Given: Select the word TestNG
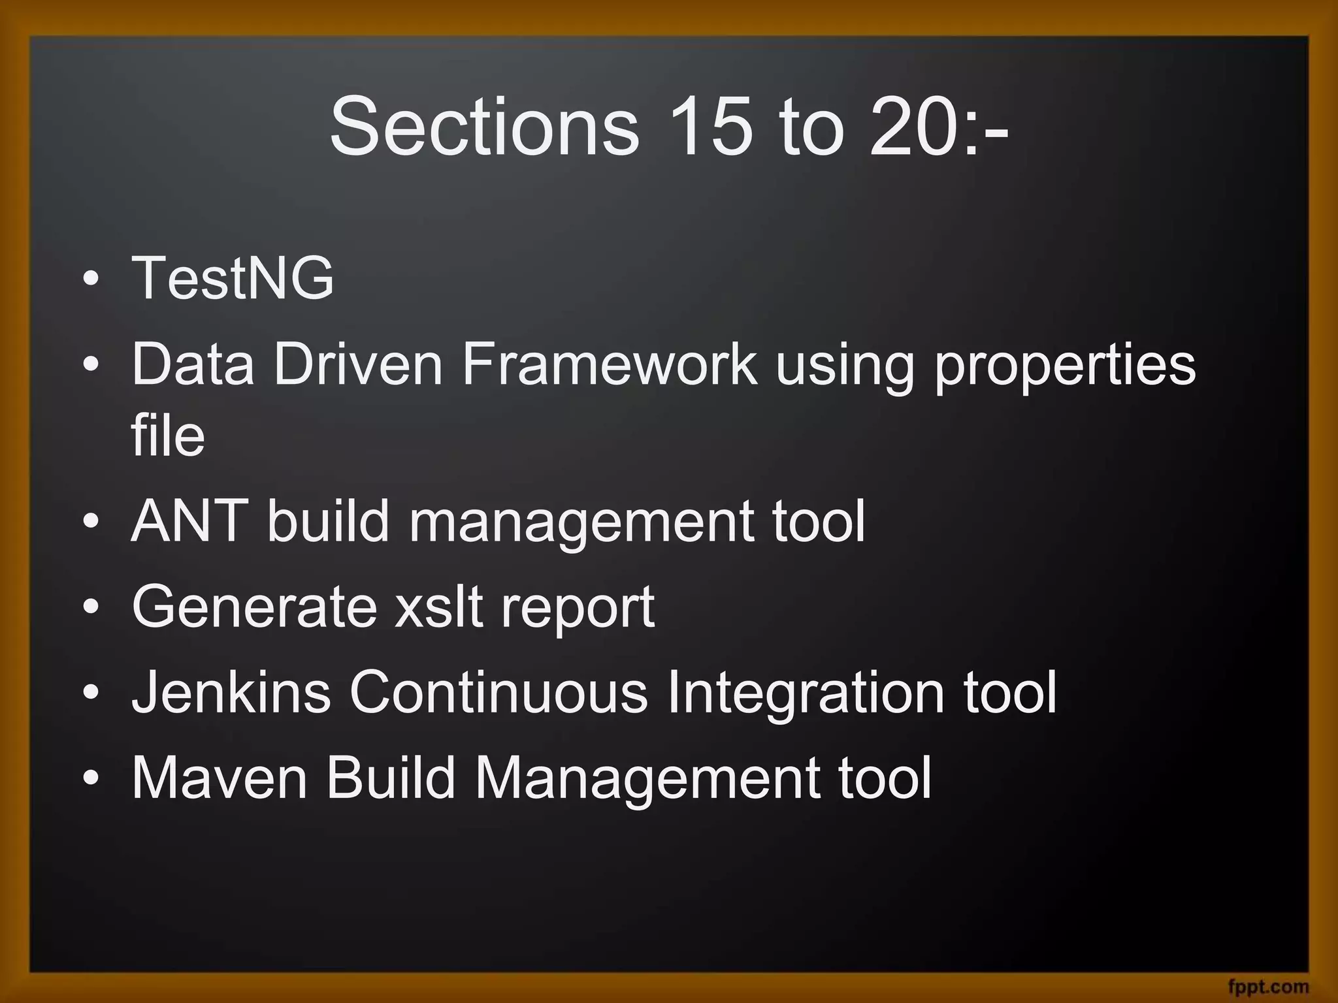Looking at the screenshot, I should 233,278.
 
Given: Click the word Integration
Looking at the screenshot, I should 806,693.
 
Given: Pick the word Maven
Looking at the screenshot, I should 220,778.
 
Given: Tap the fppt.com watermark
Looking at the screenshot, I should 1268,986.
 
